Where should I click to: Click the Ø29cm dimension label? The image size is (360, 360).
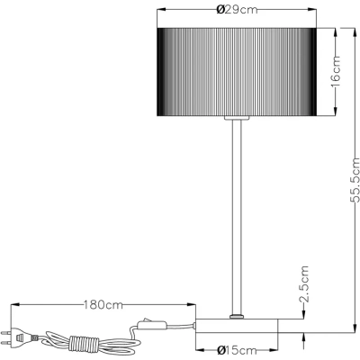pos(237,10)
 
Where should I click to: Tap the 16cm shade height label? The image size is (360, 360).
pos(336,71)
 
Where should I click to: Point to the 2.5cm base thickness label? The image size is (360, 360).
pos(304,283)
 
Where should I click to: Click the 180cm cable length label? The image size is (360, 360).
pos(103,305)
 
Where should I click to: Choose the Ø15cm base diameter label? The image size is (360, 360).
pos(237,350)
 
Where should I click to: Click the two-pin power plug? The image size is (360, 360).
pos(17,337)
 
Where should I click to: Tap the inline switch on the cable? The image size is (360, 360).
pos(151,324)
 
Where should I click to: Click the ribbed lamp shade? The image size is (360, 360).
pos(237,72)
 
